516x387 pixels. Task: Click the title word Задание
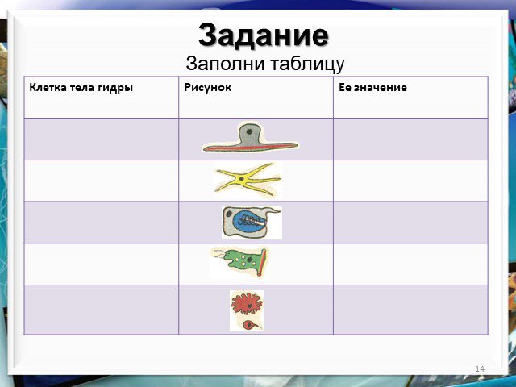coord(264,35)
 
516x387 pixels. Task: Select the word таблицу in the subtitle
coord(307,64)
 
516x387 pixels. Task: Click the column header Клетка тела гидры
coord(81,88)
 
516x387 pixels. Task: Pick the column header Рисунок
coord(208,87)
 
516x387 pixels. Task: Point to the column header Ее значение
coord(372,88)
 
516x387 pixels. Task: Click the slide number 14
coord(480,368)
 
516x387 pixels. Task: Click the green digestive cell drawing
coord(243,261)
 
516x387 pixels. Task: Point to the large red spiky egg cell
coord(247,304)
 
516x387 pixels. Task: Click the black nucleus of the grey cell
coord(249,131)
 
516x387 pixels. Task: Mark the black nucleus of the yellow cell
coord(242,179)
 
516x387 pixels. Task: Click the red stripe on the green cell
coord(261,262)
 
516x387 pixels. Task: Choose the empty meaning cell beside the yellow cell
coord(410,181)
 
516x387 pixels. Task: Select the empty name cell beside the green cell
coord(102,264)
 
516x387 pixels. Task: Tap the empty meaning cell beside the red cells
coord(410,310)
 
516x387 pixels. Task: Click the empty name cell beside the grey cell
coord(102,139)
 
